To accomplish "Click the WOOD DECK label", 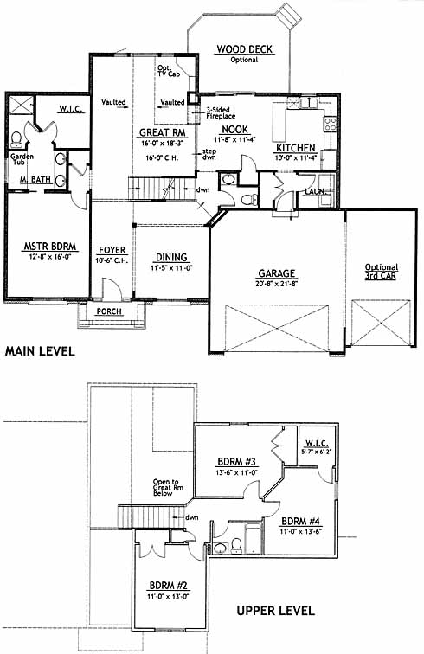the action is pyautogui.click(x=244, y=49).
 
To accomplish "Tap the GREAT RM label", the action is pyautogui.click(x=163, y=132).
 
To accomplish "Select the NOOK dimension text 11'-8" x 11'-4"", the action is pyautogui.click(x=234, y=140).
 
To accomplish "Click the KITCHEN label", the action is pyautogui.click(x=295, y=148).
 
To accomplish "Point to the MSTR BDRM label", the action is pyautogui.click(x=49, y=247).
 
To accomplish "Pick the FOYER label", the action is pyautogui.click(x=112, y=250).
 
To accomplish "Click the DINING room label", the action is pyautogui.click(x=171, y=257).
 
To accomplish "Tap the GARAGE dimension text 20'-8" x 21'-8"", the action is pyautogui.click(x=276, y=284).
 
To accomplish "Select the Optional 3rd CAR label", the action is pyautogui.click(x=382, y=271).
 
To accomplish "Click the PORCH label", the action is pyautogui.click(x=109, y=311).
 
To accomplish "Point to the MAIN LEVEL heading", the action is pyautogui.click(x=40, y=351).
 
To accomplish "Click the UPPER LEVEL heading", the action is pyautogui.click(x=275, y=611).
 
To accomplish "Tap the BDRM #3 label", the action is pyautogui.click(x=236, y=462).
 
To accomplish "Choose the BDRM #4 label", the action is pyautogui.click(x=300, y=522).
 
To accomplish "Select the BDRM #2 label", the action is pyautogui.click(x=168, y=586).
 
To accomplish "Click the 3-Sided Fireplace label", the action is pyautogui.click(x=221, y=113).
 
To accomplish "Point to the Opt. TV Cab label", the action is pyautogui.click(x=169, y=71).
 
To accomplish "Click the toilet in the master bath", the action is pyautogui.click(x=16, y=139).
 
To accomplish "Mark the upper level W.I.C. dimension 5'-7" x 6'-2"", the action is pyautogui.click(x=317, y=452).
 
